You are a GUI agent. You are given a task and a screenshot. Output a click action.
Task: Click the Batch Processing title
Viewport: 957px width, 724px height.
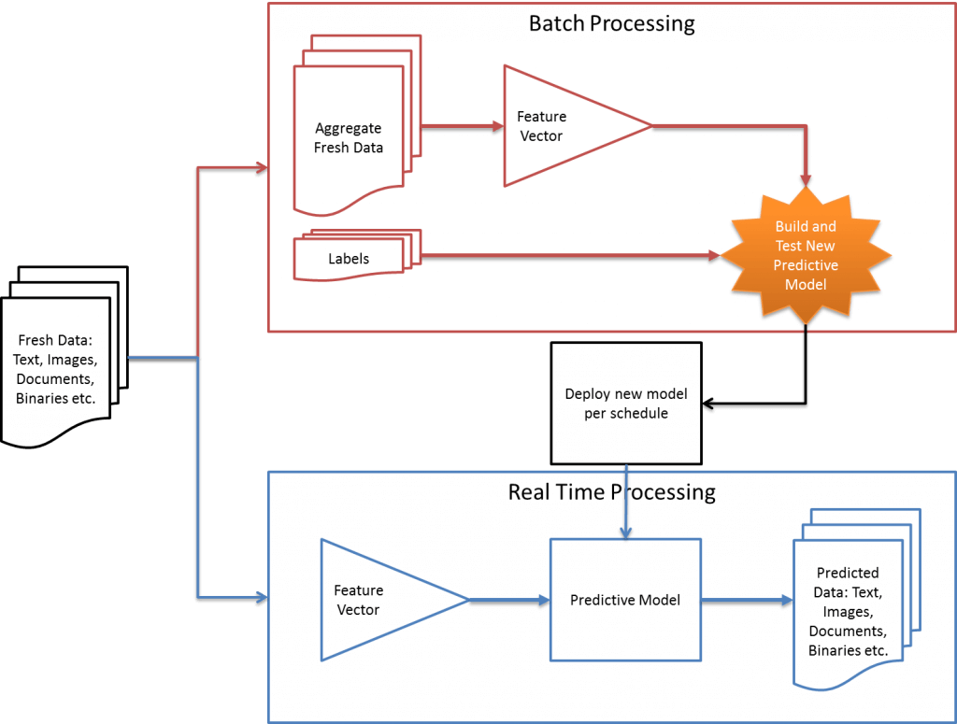(611, 23)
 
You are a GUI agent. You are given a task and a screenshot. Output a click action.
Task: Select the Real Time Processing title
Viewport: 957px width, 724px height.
(611, 491)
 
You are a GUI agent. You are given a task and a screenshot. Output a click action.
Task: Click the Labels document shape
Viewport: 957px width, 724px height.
(349, 259)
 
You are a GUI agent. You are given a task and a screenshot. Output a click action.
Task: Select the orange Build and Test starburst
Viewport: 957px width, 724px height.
(806, 255)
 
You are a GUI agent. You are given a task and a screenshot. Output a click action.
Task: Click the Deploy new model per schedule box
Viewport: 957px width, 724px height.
(625, 403)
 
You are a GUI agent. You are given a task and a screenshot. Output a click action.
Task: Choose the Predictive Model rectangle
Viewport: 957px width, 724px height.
(625, 600)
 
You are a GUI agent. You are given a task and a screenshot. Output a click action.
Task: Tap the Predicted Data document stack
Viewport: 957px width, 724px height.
(850, 611)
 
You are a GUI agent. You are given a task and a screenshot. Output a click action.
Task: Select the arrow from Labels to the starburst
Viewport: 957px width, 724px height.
(561, 255)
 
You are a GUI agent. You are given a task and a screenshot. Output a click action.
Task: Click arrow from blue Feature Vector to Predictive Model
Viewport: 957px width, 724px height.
(509, 601)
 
